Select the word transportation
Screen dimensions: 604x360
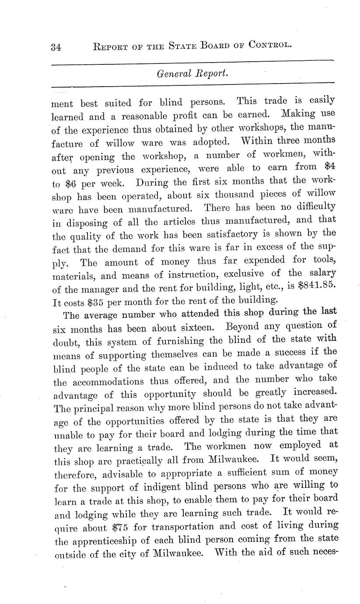(x=176, y=527)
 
